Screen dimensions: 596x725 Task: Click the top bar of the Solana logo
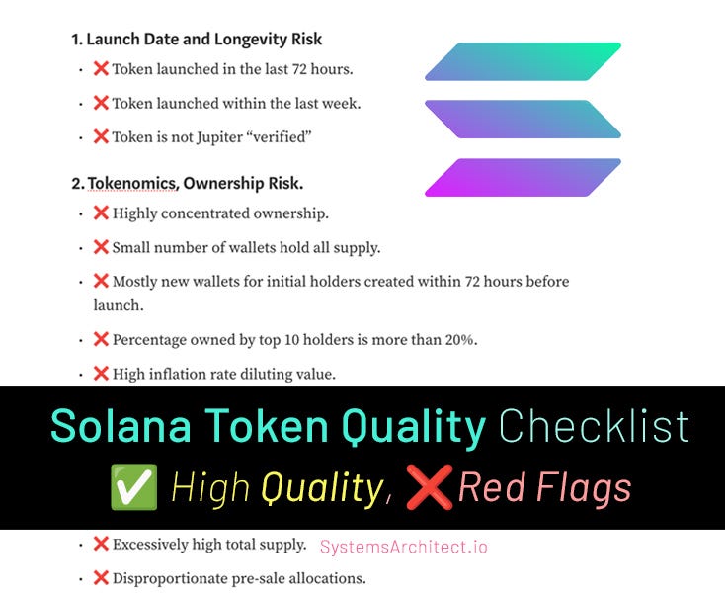pyautogui.click(x=523, y=61)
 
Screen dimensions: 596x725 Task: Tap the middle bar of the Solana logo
pyautogui.click(x=523, y=119)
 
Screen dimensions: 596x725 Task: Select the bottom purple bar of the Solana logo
pyautogui.click(x=523, y=177)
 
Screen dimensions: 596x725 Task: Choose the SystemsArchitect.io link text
pyautogui.click(x=404, y=547)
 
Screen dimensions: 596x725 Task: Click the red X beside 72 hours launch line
pyautogui.click(x=101, y=69)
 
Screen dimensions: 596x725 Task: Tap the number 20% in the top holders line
pyautogui.click(x=457, y=339)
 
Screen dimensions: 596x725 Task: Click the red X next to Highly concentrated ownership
pyautogui.click(x=101, y=213)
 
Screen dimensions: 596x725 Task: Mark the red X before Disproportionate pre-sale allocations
pyautogui.click(x=101, y=577)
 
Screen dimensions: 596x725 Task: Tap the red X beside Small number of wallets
pyautogui.click(x=101, y=247)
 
